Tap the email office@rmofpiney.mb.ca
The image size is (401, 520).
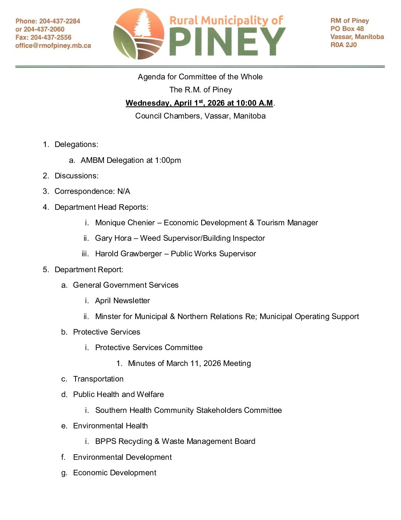coord(53,46)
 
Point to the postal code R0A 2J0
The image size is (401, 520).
coord(344,45)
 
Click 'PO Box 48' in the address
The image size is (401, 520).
coord(347,29)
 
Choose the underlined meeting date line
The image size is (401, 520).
coord(199,103)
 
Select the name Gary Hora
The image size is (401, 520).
coord(113,238)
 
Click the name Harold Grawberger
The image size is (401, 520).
coord(128,254)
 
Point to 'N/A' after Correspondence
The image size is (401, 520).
coord(123,191)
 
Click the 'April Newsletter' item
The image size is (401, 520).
coord(122,301)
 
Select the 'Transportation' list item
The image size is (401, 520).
coord(98,379)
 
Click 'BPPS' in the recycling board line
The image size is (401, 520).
coord(105,441)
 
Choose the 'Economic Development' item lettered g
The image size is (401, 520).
coord(115,473)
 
